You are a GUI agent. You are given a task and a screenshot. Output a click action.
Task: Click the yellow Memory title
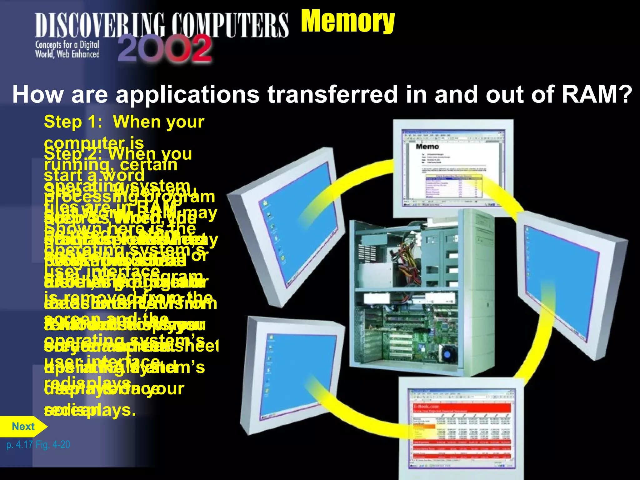[x=347, y=21]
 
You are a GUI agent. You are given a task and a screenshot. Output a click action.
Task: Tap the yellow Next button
[x=23, y=427]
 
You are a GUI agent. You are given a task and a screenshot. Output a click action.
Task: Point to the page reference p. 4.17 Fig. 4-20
[x=38, y=444]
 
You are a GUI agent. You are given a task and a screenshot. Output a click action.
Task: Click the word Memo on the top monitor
[x=427, y=147]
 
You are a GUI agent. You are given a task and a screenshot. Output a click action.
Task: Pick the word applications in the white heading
[x=187, y=94]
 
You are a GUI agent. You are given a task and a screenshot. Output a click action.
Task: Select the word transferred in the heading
[x=332, y=94]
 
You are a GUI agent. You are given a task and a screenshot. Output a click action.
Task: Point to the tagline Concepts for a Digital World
[x=67, y=49]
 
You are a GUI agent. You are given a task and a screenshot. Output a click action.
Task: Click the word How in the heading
[x=37, y=94]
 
